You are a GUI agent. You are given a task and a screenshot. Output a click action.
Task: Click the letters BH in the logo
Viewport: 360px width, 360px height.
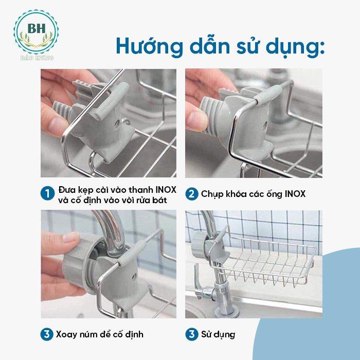(34, 27)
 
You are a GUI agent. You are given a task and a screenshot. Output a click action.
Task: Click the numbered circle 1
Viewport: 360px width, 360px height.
(47, 194)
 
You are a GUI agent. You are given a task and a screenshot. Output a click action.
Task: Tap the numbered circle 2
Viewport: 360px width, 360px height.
(191, 194)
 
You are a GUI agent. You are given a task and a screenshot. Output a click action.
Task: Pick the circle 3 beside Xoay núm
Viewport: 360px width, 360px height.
(47, 334)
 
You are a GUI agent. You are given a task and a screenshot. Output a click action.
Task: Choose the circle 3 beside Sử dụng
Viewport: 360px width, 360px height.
(191, 334)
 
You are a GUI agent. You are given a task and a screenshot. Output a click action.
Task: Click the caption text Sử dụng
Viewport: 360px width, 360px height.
(218, 334)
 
